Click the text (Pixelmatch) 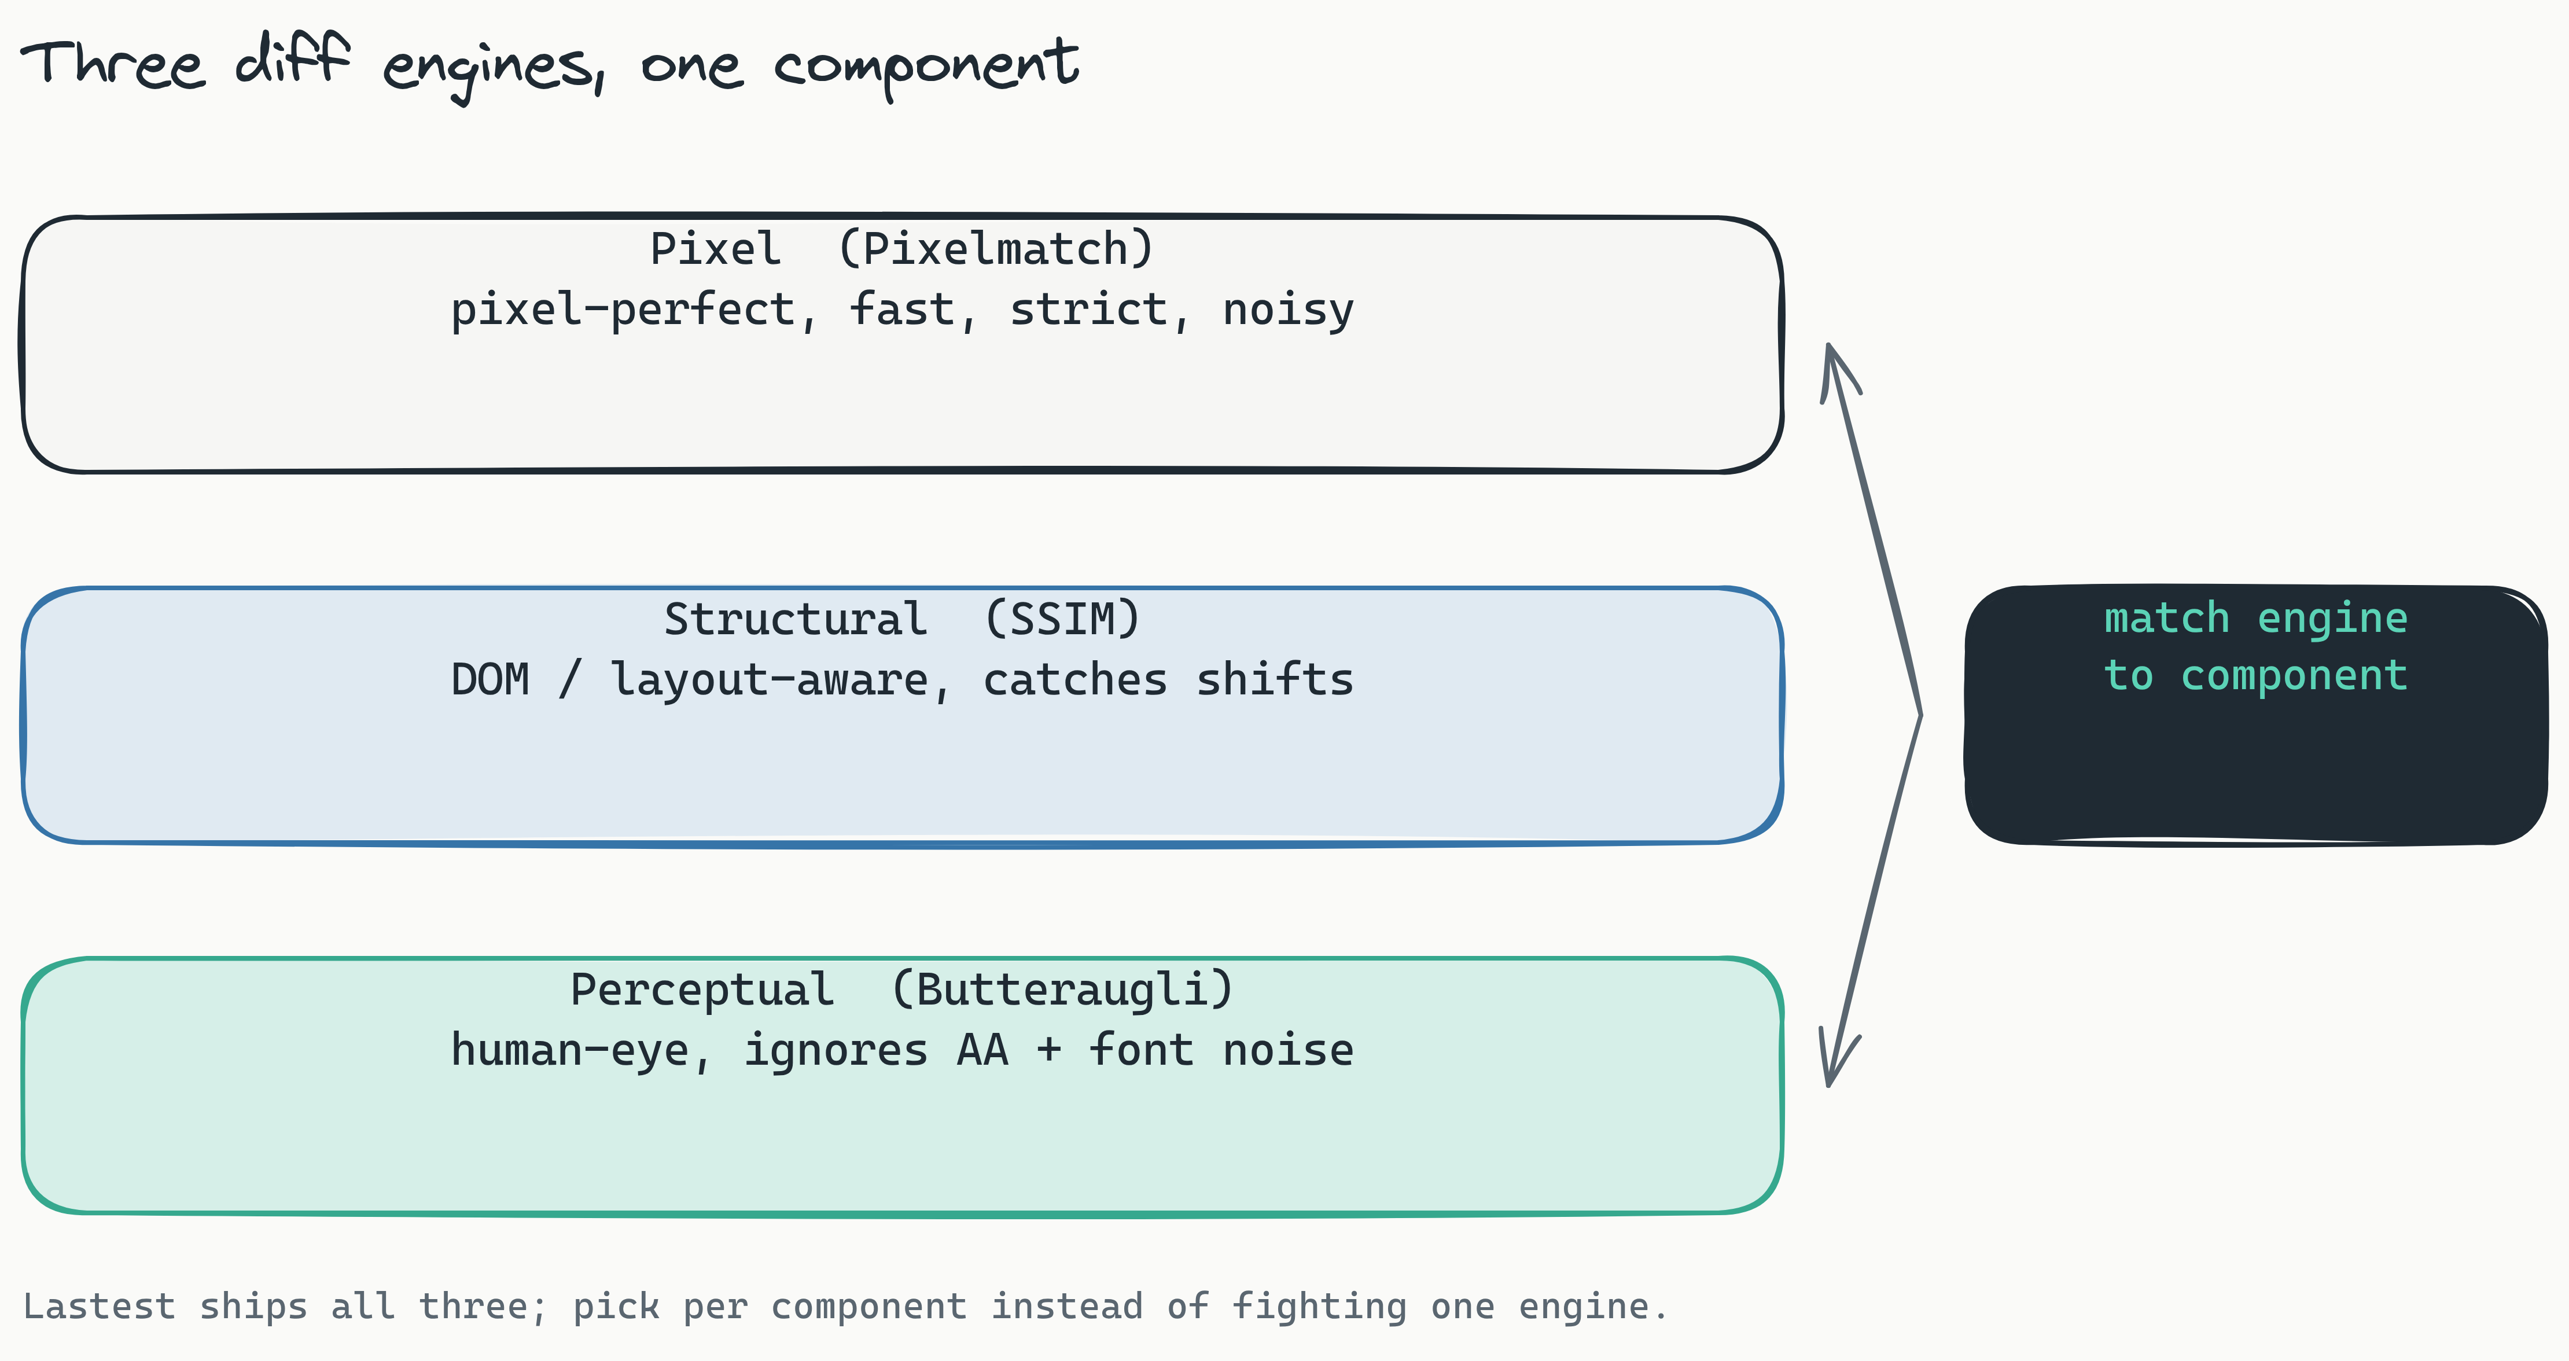[x=995, y=249]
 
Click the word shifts [x=1275, y=680]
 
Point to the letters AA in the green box [x=982, y=1051]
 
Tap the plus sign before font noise [x=1048, y=1051]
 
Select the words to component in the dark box [x=2256, y=676]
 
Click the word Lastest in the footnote [x=99, y=1306]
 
